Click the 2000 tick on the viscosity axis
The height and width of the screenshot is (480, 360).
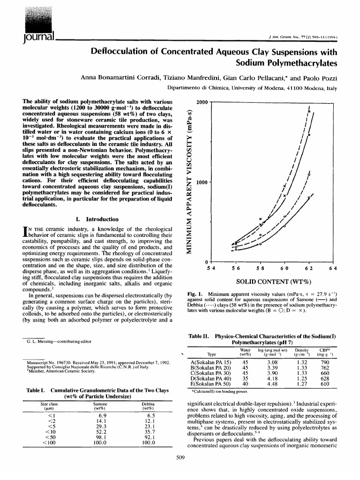click(x=201, y=102)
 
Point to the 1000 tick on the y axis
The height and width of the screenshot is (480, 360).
click(x=201, y=182)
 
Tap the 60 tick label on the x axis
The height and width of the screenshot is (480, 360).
click(x=284, y=268)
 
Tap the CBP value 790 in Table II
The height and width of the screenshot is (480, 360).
click(x=324, y=362)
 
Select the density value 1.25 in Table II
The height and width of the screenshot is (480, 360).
click(x=302, y=378)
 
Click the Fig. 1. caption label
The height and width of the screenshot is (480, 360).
click(x=195, y=294)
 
